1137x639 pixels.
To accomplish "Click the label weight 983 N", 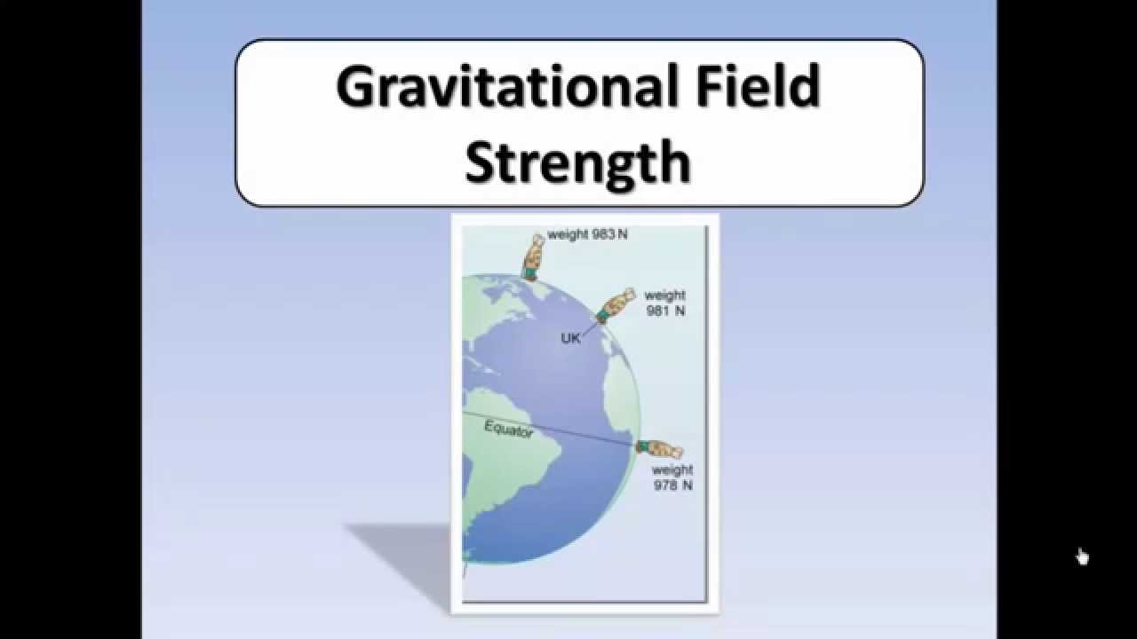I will [x=588, y=235].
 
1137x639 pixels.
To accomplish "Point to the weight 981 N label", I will [x=664, y=304].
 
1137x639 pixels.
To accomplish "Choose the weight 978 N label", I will [x=672, y=477].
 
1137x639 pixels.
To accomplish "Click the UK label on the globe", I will [x=570, y=338].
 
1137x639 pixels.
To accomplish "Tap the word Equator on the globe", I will [x=509, y=430].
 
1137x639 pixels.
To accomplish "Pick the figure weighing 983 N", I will [x=534, y=256].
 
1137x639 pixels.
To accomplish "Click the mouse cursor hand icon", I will [x=1082, y=556].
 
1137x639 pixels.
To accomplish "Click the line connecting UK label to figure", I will [x=590, y=328].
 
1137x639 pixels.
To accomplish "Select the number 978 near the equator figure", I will [x=665, y=485].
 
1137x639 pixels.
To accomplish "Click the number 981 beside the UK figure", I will [x=658, y=312].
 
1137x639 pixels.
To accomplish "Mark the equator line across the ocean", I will [x=577, y=432].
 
